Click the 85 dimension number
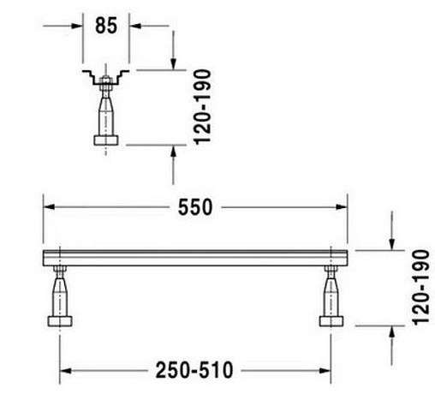(x=107, y=26)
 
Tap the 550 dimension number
(x=196, y=207)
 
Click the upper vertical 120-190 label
(x=202, y=113)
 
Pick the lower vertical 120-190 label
(x=418, y=287)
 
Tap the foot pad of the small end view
(x=107, y=140)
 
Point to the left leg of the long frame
(x=60, y=291)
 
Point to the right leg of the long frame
(x=331, y=291)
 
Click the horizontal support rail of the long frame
(x=195, y=258)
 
